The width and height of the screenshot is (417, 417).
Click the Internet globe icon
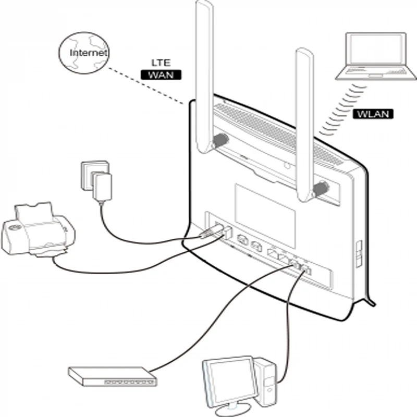tap(83, 53)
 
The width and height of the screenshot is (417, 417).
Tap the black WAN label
tap(161, 75)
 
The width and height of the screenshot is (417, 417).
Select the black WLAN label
tap(373, 114)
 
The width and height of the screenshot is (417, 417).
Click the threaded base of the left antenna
tap(222, 140)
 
